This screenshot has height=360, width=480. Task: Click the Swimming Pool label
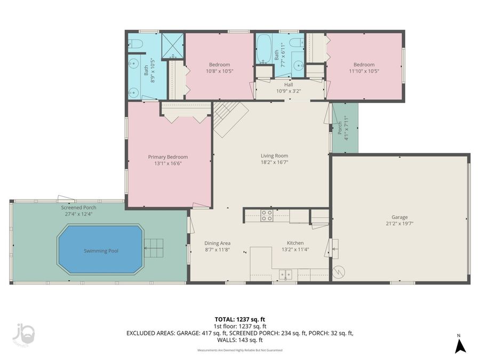click(x=101, y=251)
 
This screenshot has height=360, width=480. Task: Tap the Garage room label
click(x=399, y=217)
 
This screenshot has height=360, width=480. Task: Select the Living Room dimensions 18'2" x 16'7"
click(x=274, y=163)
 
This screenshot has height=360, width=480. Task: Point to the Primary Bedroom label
click(x=168, y=157)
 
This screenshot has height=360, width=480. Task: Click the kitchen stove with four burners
click(x=267, y=215)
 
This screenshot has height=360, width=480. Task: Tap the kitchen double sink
click(x=286, y=275)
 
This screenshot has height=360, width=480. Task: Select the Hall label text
click(x=289, y=84)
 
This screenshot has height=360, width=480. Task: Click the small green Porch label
click(x=340, y=128)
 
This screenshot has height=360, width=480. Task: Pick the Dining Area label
click(x=218, y=243)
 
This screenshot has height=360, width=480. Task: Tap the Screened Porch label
click(x=78, y=207)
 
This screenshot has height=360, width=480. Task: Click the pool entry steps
click(x=153, y=247)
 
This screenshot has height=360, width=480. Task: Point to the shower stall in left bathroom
click(x=173, y=45)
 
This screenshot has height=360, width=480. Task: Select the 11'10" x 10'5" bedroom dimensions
click(x=364, y=71)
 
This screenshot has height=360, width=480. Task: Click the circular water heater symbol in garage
click(x=338, y=272)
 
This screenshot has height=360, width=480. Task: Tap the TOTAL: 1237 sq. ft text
click(x=239, y=319)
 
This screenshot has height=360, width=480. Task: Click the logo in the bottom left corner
click(x=22, y=335)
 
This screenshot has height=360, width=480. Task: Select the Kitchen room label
click(x=295, y=243)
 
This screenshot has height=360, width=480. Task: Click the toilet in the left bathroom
click(x=134, y=43)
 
